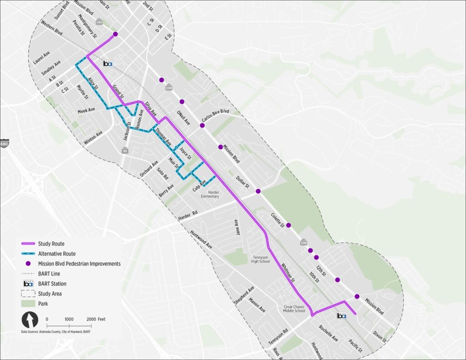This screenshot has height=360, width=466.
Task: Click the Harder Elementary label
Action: (210, 194)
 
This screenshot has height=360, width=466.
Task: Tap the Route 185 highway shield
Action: (99, 22)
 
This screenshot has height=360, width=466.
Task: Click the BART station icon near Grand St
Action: (108, 64)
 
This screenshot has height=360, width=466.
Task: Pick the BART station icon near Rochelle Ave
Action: (341, 315)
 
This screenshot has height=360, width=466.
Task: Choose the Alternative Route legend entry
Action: (56, 254)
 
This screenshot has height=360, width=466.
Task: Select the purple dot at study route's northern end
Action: (115, 34)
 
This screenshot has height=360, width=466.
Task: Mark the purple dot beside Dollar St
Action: (258, 191)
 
